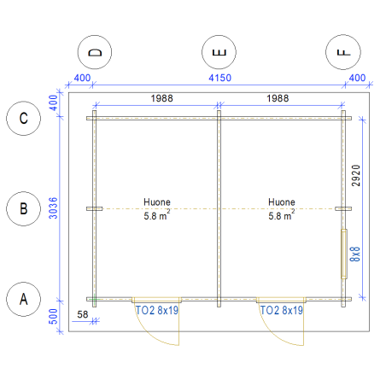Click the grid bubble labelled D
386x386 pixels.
[x=95, y=52]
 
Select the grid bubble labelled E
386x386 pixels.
[x=219, y=52]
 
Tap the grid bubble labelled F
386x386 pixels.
[x=343, y=52]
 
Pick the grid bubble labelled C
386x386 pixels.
[x=24, y=119]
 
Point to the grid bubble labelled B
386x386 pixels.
[x=24, y=208]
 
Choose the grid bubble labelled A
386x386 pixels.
[x=24, y=299]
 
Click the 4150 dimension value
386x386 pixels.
[x=219, y=78]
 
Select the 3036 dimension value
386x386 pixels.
[x=53, y=208]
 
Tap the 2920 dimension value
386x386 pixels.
[x=356, y=176]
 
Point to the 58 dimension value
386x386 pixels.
[x=83, y=314]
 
